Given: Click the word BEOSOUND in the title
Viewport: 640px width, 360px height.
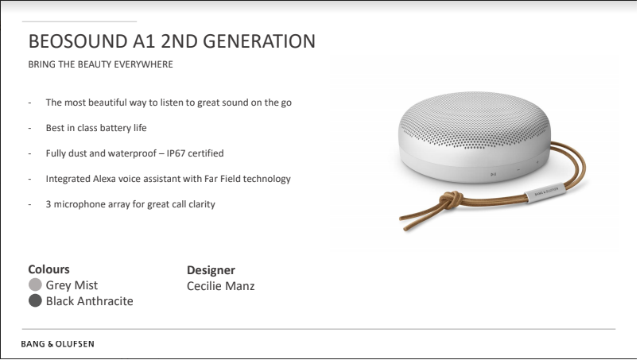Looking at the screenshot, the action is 78,41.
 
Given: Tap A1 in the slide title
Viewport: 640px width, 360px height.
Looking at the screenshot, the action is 144,41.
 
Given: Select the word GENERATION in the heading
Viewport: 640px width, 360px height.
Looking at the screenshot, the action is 259,41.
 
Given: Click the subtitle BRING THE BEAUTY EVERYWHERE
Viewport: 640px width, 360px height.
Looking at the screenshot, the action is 100,64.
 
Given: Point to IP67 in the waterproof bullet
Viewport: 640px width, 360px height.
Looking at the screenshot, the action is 176,153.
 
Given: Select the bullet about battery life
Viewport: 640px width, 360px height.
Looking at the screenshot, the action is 96,128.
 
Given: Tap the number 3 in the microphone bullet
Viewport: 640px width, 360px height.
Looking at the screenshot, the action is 48,204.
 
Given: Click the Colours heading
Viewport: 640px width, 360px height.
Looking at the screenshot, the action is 48,269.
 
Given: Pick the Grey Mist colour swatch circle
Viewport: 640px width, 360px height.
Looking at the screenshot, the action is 35,285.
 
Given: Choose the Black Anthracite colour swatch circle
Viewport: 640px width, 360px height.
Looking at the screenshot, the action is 35,301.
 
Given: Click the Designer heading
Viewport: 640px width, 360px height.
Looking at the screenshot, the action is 211,270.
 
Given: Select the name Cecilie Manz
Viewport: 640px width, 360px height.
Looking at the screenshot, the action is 220,286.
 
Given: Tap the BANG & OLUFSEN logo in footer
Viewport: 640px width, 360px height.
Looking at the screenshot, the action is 57,344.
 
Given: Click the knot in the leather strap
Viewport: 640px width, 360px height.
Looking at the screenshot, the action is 450,200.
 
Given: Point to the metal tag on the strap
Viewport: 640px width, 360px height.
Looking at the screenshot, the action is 545,192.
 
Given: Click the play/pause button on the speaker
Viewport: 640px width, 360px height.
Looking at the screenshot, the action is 493,175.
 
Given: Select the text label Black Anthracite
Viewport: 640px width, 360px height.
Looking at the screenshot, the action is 89,301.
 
